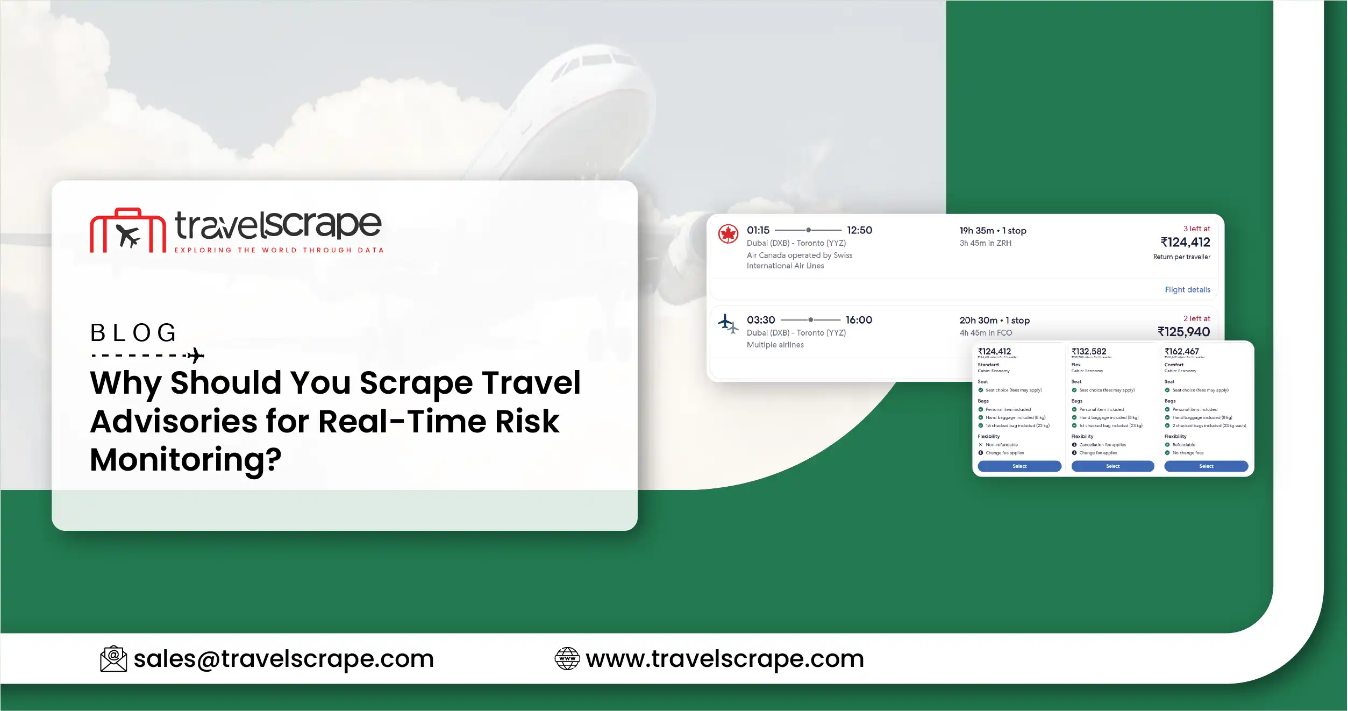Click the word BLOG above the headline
[x=133, y=333]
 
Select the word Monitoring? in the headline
[x=186, y=460]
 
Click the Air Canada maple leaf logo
[x=728, y=234]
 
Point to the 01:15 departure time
[x=758, y=230]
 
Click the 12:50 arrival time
[x=859, y=230]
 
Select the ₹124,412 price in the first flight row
[x=1185, y=243]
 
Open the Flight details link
[x=1187, y=290]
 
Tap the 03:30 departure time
[x=761, y=320]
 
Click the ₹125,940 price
[x=1183, y=332]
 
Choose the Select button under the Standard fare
[x=1019, y=466]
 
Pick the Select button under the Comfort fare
[x=1206, y=466]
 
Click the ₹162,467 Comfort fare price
[x=1181, y=351]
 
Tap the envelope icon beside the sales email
[x=113, y=659]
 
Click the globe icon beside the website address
[x=567, y=659]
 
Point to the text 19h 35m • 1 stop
[x=993, y=231]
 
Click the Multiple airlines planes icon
[x=728, y=324]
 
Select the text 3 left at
[x=1196, y=229]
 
